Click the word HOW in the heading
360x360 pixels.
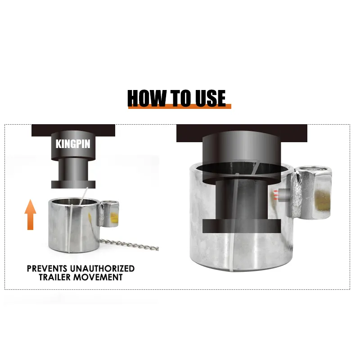tap(147, 98)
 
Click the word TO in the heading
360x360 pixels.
tap(181, 98)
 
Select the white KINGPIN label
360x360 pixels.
tap(73, 144)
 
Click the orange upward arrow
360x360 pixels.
tap(30, 215)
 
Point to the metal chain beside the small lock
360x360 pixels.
tap(129, 244)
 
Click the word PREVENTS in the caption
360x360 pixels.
tap(47, 268)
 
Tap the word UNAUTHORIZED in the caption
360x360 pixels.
tap(103, 268)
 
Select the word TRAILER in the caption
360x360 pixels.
tap(54, 277)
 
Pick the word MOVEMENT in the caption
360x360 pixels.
tap(98, 277)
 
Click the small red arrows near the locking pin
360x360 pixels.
tap(276, 195)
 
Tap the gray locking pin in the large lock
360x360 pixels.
tap(284, 195)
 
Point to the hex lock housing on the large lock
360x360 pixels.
tap(314, 192)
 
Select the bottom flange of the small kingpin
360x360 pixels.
tap(73, 184)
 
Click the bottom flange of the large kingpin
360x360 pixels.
tap(242, 226)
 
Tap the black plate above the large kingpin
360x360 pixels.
tap(242, 133)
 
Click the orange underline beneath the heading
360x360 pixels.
tap(180, 107)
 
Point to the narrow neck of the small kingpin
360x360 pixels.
tap(73, 170)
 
